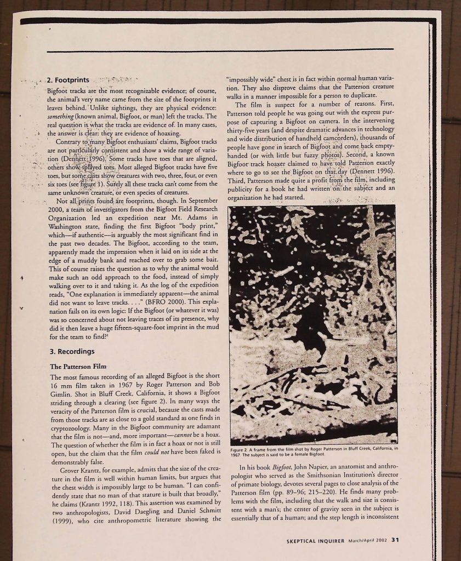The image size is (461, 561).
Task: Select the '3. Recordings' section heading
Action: point(72,351)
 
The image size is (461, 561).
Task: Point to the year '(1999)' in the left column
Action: point(62,519)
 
